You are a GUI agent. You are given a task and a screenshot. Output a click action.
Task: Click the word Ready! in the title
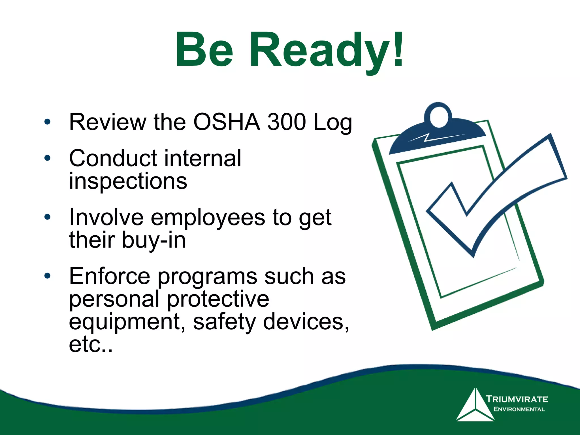(326, 51)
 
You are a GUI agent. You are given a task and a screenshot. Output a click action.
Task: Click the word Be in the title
(204, 51)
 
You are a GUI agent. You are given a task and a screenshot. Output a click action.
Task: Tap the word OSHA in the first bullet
(227, 122)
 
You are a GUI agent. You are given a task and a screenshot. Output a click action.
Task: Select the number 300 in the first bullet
(287, 122)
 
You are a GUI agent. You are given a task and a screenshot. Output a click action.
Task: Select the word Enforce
(110, 276)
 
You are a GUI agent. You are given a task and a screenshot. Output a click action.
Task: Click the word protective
(218, 300)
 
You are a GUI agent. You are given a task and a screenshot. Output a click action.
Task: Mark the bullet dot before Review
(47, 122)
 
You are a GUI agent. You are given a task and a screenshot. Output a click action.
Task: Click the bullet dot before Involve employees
(47, 217)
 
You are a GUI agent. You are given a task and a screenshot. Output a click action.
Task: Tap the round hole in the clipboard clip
(438, 117)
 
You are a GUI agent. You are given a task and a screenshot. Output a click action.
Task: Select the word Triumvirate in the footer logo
(517, 399)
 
